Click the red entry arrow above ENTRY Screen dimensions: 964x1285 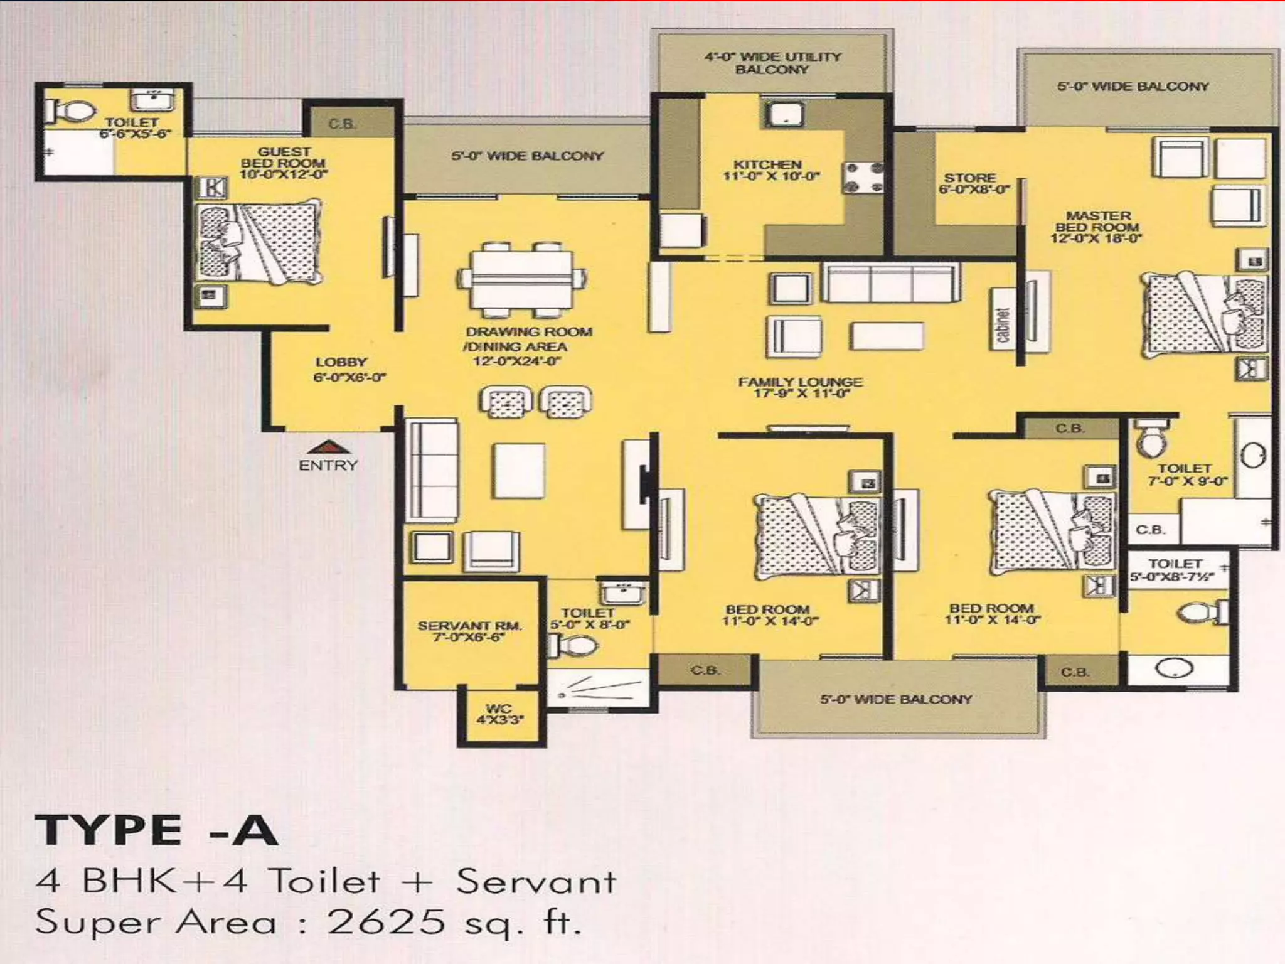pyautogui.click(x=327, y=447)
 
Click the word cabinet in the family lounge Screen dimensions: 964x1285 pyautogui.click(x=1003, y=325)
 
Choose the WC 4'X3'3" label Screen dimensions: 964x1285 pyautogui.click(x=499, y=714)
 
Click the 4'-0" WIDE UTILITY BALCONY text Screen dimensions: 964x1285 pyautogui.click(x=772, y=63)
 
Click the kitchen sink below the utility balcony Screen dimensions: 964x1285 pyautogui.click(x=783, y=114)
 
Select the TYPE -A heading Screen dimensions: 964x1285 pyautogui.click(x=156, y=830)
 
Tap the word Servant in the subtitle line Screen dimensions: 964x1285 pyautogui.click(x=535, y=882)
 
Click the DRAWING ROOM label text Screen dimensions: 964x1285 pyautogui.click(x=528, y=331)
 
